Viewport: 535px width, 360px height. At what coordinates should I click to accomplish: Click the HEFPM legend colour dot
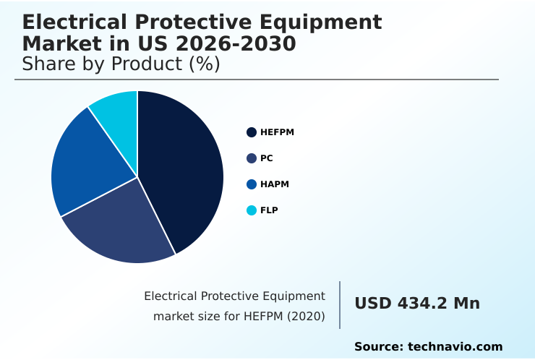252,132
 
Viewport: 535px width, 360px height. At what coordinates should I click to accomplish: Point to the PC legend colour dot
252,158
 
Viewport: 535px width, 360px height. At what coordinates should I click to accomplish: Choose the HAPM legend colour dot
252,184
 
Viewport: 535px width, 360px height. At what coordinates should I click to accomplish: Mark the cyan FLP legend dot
252,210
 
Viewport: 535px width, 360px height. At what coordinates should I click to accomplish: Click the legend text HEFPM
277,132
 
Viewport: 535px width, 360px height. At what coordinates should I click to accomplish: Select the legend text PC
267,158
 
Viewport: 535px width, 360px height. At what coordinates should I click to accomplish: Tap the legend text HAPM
275,184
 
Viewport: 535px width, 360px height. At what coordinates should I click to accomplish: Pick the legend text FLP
269,210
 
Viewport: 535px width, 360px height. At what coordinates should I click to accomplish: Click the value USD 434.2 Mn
416,304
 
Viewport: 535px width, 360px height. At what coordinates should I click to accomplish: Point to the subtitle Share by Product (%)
121,64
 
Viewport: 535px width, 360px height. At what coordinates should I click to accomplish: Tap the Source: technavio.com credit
428,347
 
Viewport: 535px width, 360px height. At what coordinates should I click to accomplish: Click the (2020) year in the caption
307,316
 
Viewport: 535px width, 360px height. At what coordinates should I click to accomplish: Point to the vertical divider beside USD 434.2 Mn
340,304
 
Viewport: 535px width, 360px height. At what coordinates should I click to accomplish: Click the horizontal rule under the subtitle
257,80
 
